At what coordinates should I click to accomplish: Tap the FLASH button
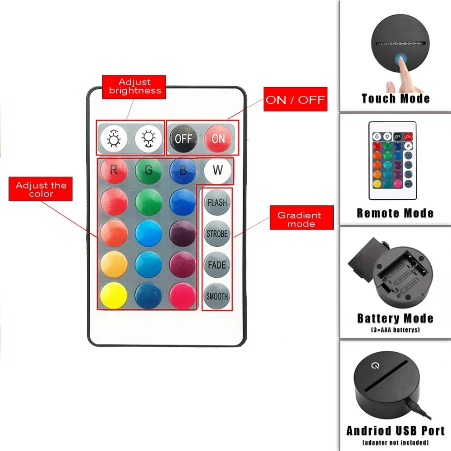click(217, 202)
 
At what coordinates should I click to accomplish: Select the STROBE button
click(217, 234)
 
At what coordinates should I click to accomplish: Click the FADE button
click(217, 265)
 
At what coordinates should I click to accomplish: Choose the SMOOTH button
click(217, 296)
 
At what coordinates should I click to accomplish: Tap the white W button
click(217, 170)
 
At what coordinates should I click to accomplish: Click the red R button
click(114, 170)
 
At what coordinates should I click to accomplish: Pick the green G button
click(148, 170)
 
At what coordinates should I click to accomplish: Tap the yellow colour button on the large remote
click(114, 295)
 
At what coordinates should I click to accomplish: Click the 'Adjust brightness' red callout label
click(134, 87)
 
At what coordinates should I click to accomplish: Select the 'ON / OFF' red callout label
click(295, 100)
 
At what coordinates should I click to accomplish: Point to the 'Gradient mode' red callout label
click(301, 219)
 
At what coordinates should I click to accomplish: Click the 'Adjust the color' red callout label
click(41, 189)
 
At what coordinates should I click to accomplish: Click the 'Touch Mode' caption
click(395, 98)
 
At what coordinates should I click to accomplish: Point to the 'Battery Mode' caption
click(395, 318)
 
